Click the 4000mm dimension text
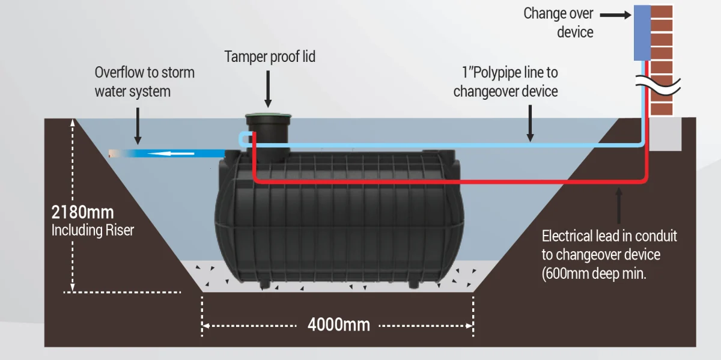338,325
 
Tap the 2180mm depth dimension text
82,212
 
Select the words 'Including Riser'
93,230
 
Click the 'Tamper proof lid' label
270,57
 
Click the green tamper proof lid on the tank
268,116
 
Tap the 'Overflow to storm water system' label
144,82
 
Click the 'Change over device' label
559,22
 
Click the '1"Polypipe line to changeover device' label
505,82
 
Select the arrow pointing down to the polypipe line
529,123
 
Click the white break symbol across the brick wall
658,85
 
